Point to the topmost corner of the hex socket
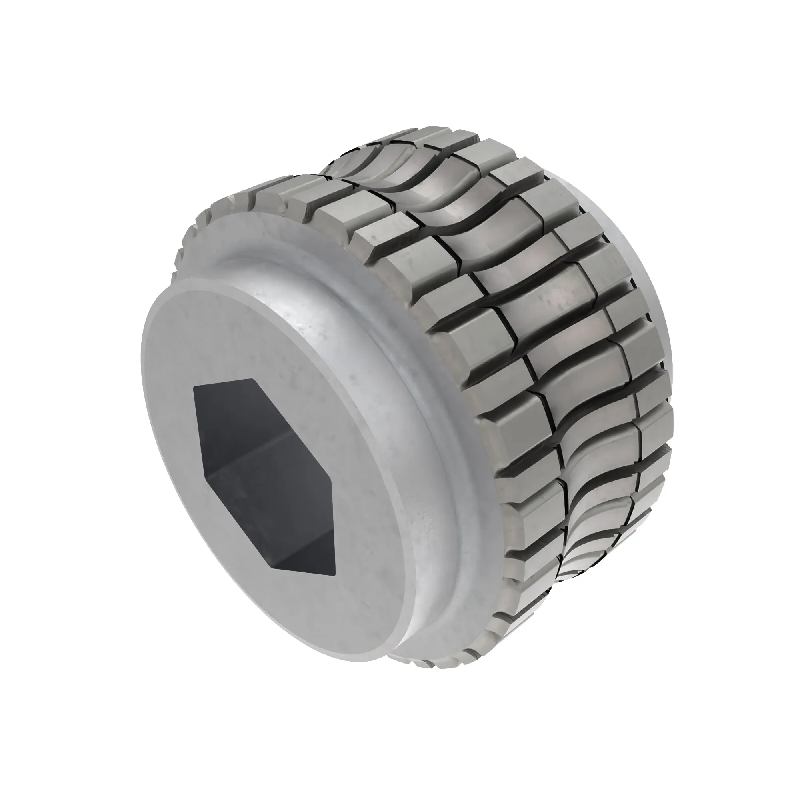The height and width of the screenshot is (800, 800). pos(252,379)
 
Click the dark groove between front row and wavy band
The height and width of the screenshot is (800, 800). pos(509,331)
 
